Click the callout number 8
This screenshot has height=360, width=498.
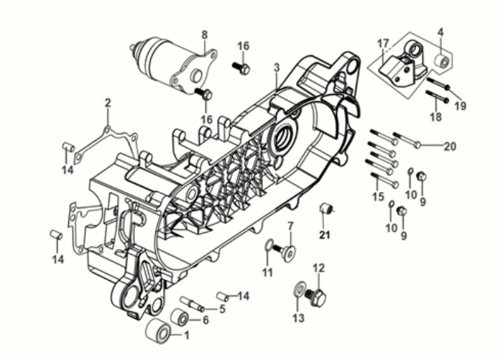(204, 34)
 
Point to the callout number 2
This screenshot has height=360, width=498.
(108, 103)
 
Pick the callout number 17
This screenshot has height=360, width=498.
(383, 43)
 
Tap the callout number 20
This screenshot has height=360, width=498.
(450, 146)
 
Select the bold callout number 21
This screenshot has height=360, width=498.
(323, 234)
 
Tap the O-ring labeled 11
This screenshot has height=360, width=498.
(269, 248)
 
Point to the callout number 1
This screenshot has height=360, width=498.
(187, 335)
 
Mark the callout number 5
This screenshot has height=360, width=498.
(223, 309)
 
